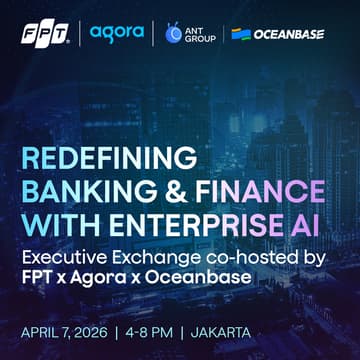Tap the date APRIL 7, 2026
(x=75, y=329)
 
